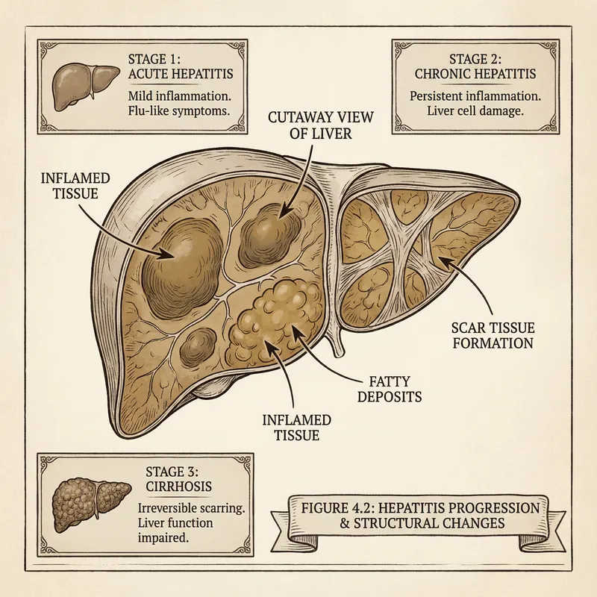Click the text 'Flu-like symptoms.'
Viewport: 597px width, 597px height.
coord(178,113)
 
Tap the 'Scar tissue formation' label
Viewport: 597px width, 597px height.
coord(493,335)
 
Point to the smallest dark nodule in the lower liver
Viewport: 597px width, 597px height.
coord(199,345)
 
